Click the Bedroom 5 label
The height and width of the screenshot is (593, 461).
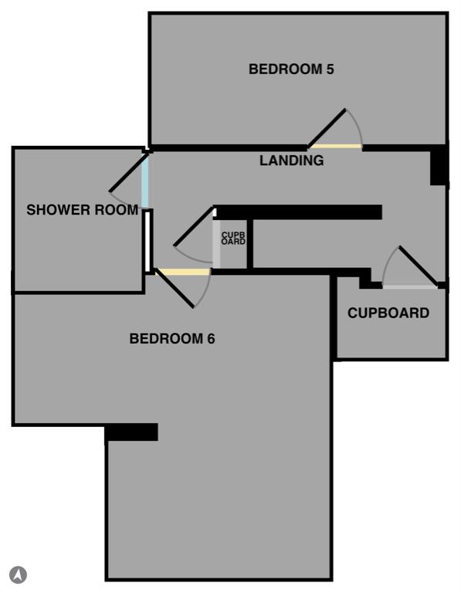pos(291,69)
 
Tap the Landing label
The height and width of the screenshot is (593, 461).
pos(292,161)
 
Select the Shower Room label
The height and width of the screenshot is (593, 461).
pos(83,209)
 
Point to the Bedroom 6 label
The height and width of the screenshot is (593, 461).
pos(172,338)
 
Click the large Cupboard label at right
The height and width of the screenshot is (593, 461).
pos(388,313)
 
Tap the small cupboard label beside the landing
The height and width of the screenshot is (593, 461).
pos(233,239)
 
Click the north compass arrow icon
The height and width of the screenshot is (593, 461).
pos(19,574)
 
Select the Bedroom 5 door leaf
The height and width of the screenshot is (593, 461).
pos(327,128)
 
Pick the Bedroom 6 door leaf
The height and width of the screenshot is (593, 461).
pos(175,288)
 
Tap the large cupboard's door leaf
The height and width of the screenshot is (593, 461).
pos(419,266)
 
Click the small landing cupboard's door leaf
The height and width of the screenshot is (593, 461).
pos(194,226)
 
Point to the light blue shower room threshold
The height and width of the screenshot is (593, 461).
pos(145,181)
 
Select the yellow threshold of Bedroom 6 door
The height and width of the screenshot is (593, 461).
pos(184,272)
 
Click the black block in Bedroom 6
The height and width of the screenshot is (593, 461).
pos(131,432)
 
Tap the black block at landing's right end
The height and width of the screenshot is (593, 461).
pos(439,165)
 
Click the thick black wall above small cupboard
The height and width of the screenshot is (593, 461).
pos(298,212)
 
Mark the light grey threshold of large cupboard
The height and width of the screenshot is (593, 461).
pos(410,287)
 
